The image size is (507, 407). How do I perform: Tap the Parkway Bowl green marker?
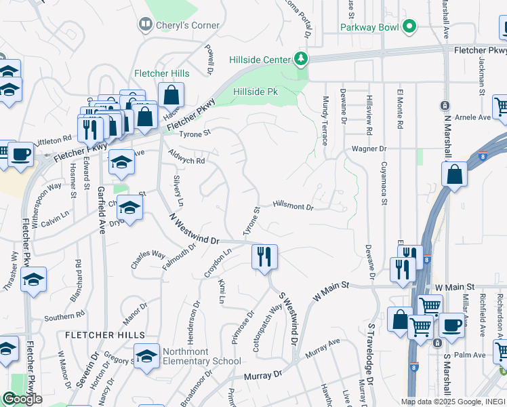409,27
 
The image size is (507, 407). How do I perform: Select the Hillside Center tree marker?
300,60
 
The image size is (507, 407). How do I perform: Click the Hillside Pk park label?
256,91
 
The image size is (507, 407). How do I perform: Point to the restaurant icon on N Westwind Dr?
264,257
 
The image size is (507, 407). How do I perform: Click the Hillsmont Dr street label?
294,206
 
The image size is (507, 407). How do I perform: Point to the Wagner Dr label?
368,149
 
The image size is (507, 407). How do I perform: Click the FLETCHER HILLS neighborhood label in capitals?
105,335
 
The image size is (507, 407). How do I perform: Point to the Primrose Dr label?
242,328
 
